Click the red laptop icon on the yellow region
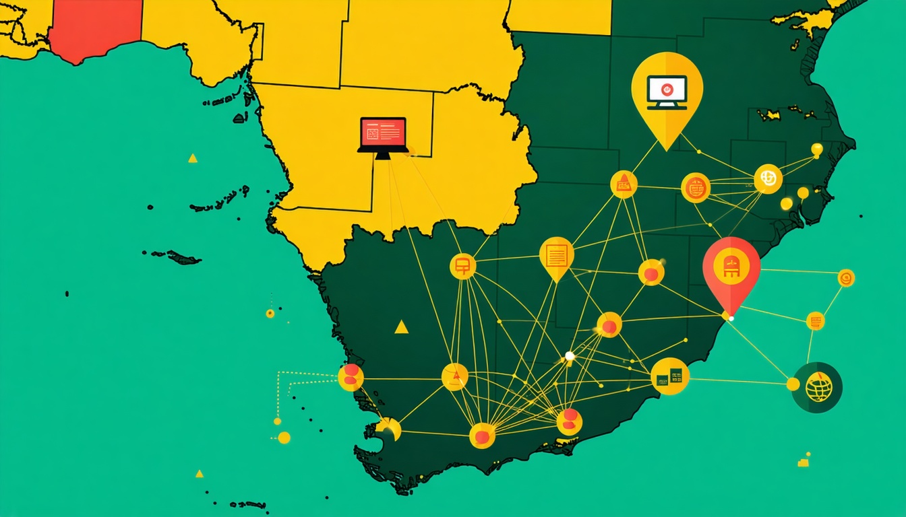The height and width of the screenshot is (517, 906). click(x=383, y=135)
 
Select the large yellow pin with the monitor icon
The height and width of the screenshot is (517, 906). click(x=667, y=94)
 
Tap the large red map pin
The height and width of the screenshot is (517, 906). click(x=731, y=269)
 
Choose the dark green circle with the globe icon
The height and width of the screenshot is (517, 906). click(x=818, y=386)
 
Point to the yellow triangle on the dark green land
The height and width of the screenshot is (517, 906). click(x=401, y=327)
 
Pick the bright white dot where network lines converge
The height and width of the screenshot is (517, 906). click(x=570, y=355)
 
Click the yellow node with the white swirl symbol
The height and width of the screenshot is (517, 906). click(x=768, y=178)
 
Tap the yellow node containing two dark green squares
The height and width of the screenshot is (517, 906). click(x=670, y=376)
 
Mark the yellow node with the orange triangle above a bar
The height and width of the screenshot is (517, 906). click(x=624, y=184)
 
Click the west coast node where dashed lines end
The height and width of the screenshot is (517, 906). click(x=351, y=378)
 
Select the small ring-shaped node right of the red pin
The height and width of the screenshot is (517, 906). click(x=845, y=277)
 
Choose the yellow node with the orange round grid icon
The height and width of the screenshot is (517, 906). click(x=696, y=188)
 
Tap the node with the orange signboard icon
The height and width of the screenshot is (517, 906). click(x=462, y=266)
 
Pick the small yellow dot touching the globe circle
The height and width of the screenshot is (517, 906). click(x=793, y=384)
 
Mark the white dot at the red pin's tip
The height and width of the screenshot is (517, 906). click(x=726, y=316)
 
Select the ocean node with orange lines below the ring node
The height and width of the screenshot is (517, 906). click(x=815, y=320)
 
